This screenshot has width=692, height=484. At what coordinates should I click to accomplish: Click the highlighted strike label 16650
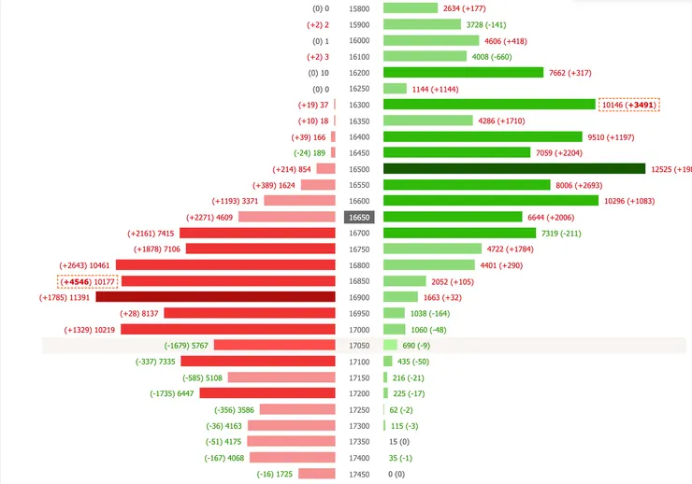click(x=359, y=217)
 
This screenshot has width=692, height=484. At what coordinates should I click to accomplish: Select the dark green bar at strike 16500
click(x=514, y=168)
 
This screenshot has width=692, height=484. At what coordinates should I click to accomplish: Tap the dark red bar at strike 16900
click(x=215, y=297)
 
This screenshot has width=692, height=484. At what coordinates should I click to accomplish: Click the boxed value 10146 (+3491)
click(x=629, y=105)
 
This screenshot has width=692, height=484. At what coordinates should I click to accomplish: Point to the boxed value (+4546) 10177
click(x=88, y=281)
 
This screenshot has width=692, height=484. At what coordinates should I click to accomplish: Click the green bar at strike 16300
click(x=489, y=105)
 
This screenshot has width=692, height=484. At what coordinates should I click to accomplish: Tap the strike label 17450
click(x=359, y=474)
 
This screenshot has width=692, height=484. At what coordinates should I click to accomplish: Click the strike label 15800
click(x=359, y=8)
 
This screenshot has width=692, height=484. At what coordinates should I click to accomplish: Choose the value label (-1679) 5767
click(x=186, y=346)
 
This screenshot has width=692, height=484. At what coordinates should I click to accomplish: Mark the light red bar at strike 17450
click(x=316, y=474)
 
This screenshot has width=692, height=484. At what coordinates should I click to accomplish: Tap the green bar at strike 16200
click(x=463, y=73)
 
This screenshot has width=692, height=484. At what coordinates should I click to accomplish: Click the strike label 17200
click(x=359, y=393)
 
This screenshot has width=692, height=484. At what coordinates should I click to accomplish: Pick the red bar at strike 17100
click(x=257, y=362)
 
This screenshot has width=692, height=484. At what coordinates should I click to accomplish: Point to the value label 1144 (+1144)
click(x=439, y=89)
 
